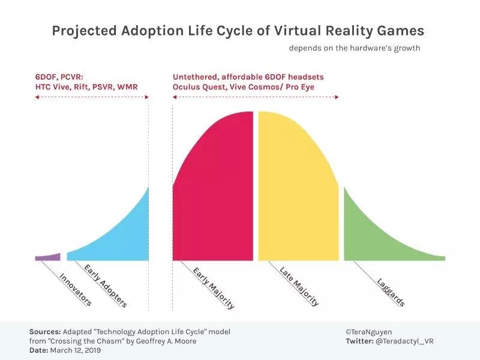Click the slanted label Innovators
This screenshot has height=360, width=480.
(76, 290)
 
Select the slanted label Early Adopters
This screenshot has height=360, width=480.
(106, 286)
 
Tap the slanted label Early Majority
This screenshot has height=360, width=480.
(213, 287)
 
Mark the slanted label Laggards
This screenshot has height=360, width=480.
(391, 291)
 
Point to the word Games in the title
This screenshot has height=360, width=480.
(406, 31)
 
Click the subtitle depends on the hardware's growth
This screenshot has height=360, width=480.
(355, 48)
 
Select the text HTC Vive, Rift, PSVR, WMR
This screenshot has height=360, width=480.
(86, 87)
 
